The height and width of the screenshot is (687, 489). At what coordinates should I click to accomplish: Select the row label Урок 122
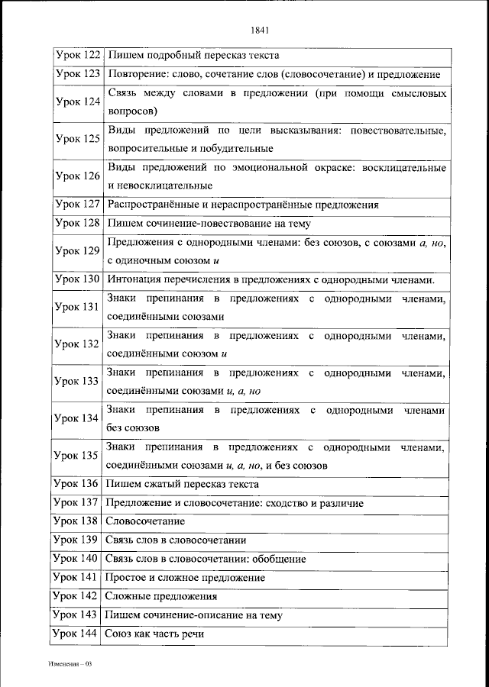pyautogui.click(x=77, y=56)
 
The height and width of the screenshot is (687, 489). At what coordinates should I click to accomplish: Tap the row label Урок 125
pyautogui.click(x=77, y=139)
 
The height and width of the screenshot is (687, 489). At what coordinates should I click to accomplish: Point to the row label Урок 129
pyautogui.click(x=77, y=251)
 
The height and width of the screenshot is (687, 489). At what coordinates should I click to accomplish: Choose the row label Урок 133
pyautogui.click(x=77, y=381)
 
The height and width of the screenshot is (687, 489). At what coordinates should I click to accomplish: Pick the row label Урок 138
pyautogui.click(x=77, y=521)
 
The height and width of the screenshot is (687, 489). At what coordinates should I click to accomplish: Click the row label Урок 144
pyautogui.click(x=77, y=634)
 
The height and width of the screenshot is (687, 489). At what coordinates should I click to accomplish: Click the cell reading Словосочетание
pyautogui.click(x=146, y=522)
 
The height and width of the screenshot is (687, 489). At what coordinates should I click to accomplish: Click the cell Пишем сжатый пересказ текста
pyautogui.click(x=183, y=485)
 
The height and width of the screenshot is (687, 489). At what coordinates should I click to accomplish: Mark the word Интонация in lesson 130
pyautogui.click(x=134, y=279)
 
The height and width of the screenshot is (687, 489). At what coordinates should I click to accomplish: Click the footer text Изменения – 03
pyautogui.click(x=69, y=664)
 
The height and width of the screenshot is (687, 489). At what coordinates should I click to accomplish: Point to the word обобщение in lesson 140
pyautogui.click(x=278, y=560)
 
